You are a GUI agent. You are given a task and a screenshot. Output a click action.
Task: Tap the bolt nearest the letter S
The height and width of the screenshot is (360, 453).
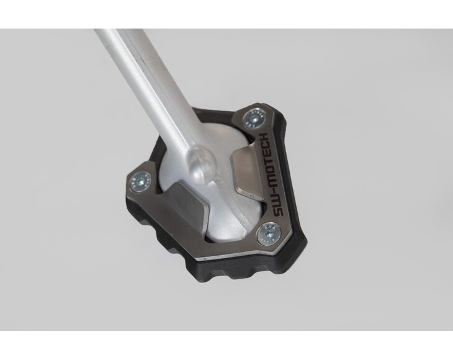point(268,233)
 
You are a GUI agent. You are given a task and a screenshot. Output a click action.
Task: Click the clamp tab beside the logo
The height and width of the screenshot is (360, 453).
point(246,173)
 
